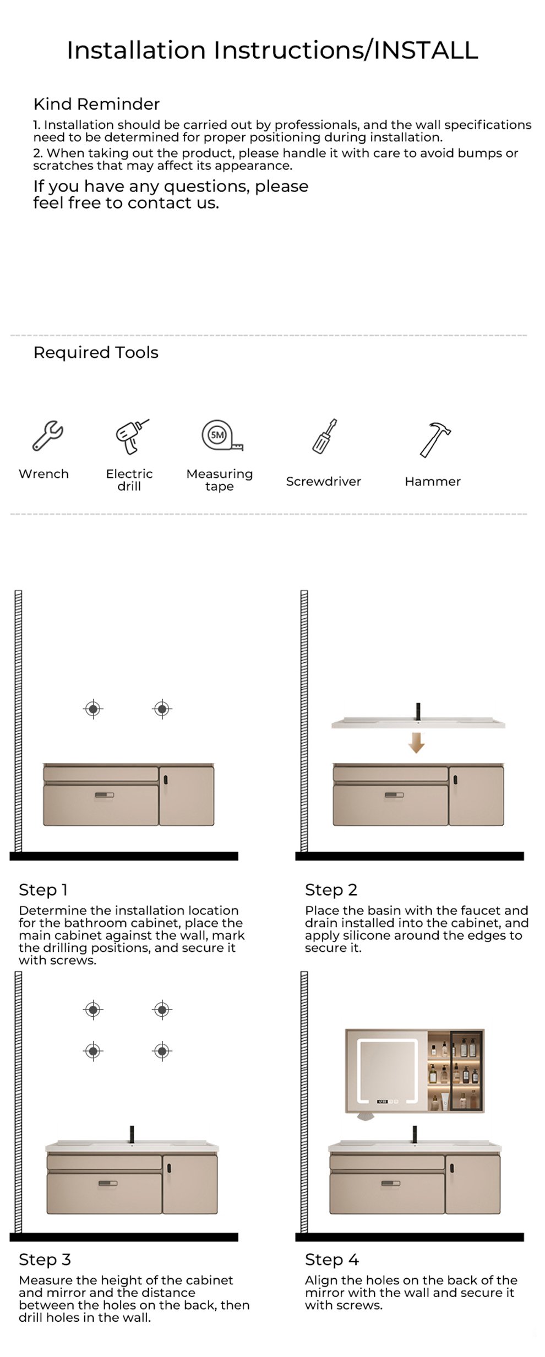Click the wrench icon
(47, 435)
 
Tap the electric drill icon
(132, 437)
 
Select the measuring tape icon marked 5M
(222, 435)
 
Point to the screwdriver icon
(325, 436)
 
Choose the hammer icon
(435, 439)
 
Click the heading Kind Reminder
(96, 103)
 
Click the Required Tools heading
(96, 352)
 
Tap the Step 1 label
(43, 890)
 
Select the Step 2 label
(331, 890)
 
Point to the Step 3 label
(45, 1260)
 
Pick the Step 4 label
(331, 1260)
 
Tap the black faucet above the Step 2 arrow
(418, 711)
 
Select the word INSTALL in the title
(426, 50)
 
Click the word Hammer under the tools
(433, 481)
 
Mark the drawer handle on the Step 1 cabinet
(104, 795)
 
